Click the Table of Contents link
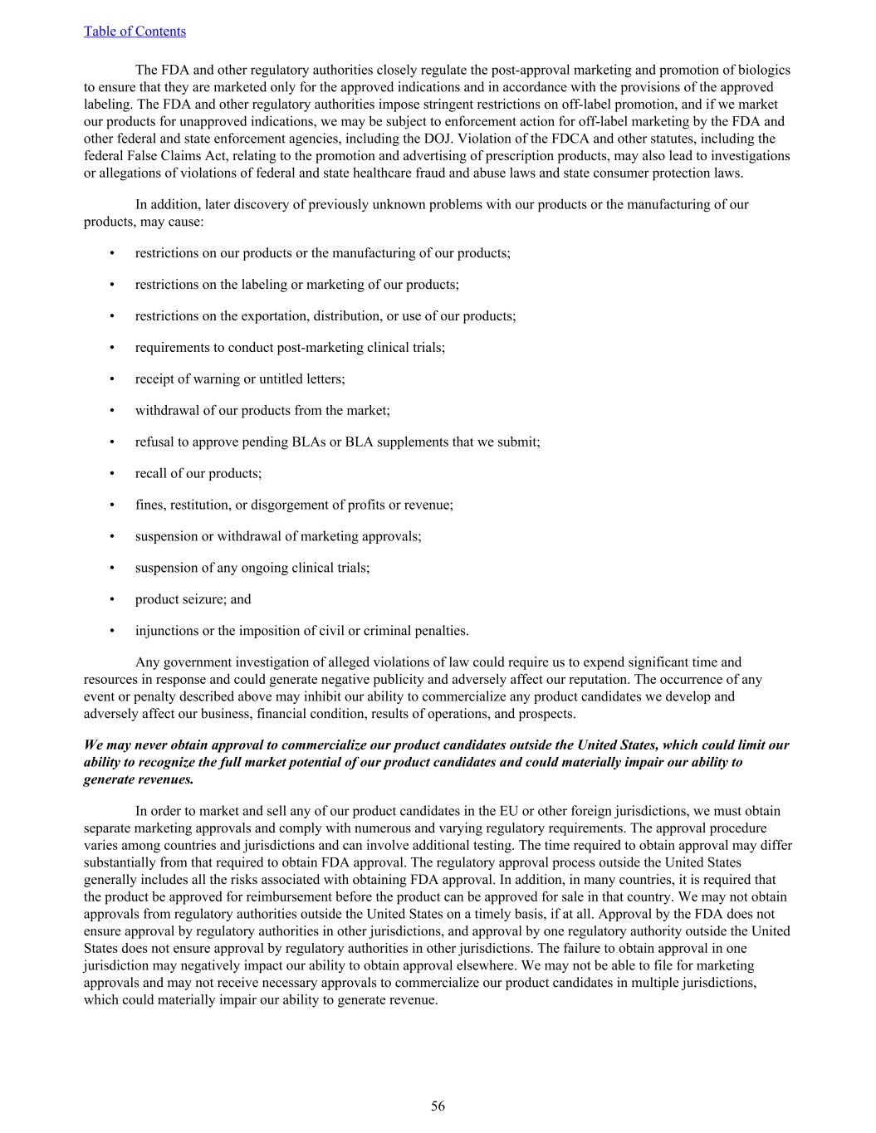135,32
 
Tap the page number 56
438,1106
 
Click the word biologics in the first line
762,70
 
